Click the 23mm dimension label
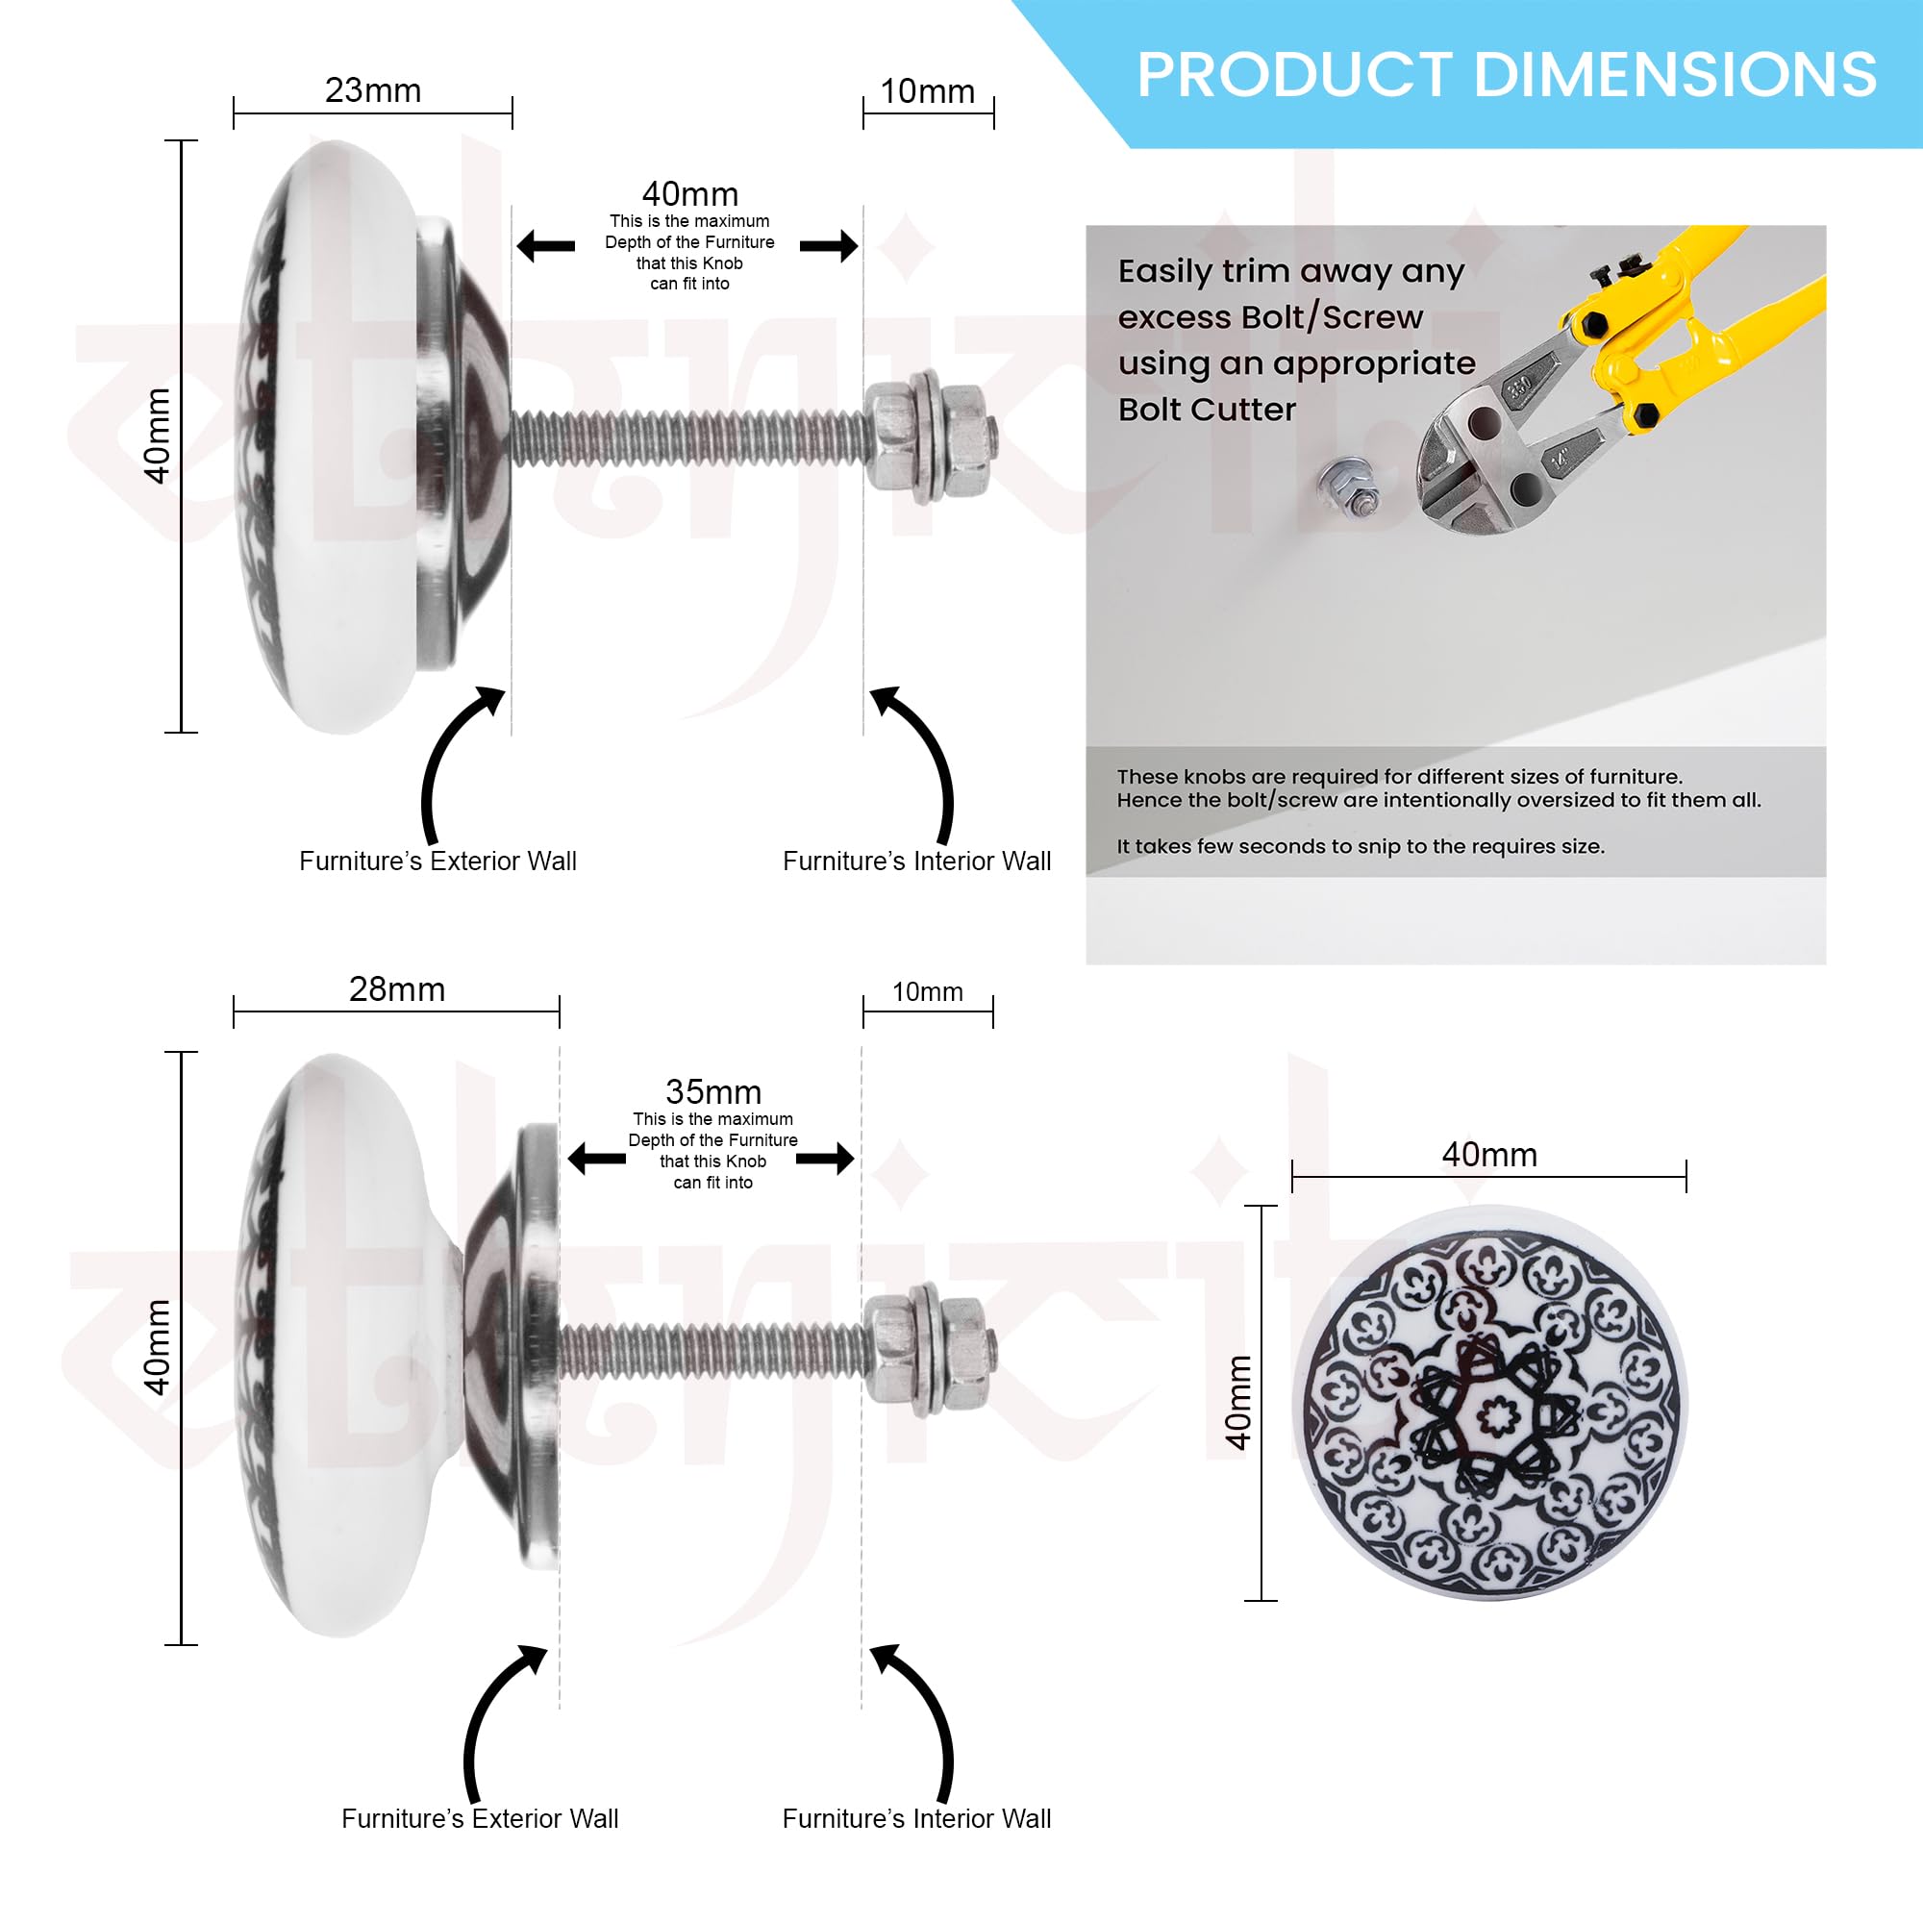372,90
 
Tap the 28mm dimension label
396,989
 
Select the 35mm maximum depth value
712,1092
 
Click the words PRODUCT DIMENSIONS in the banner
1506,75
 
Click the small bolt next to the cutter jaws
1350,487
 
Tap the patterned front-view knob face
1489,1403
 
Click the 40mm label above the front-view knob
1489,1155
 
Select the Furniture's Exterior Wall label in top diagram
437,861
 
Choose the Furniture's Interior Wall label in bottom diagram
916,1818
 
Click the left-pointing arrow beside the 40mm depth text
545,246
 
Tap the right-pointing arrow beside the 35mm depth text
825,1158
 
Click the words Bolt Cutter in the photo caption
1207,409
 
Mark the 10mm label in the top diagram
928,91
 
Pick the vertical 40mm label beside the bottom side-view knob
158,1348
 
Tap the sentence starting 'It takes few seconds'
1360,847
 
